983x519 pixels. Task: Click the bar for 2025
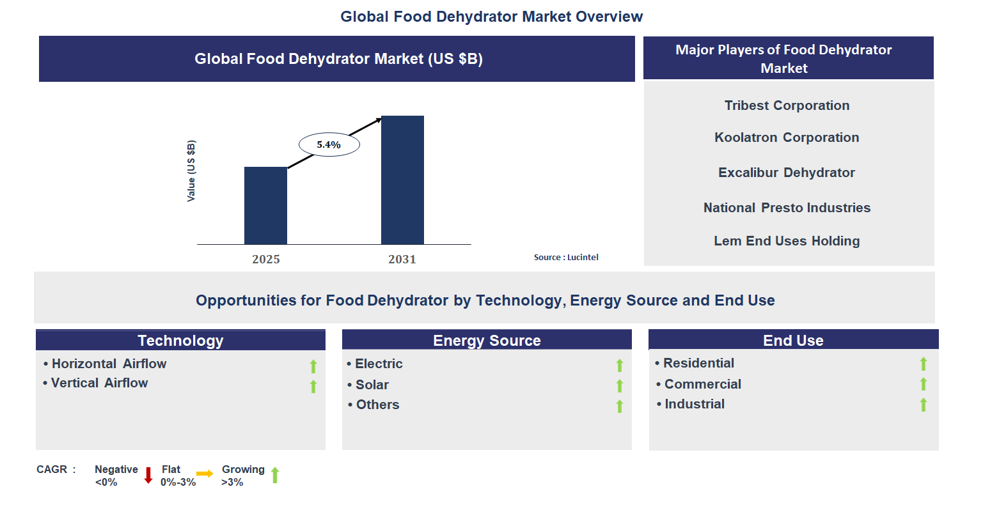(x=265, y=205)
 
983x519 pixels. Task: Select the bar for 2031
(x=402, y=180)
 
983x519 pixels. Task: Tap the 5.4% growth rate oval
(x=329, y=145)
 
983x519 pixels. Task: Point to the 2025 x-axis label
(x=266, y=259)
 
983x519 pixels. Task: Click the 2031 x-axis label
(x=402, y=259)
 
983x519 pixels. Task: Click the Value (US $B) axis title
(x=191, y=171)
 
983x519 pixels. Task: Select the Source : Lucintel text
(x=566, y=257)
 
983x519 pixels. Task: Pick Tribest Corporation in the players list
(x=787, y=105)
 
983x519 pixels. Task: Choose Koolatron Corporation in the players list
(x=787, y=137)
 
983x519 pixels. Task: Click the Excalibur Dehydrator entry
(x=787, y=173)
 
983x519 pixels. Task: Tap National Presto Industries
(x=787, y=208)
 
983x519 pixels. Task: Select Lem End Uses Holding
(x=787, y=241)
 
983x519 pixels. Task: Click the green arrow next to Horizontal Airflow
(x=313, y=366)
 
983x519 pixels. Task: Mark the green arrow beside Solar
(x=620, y=386)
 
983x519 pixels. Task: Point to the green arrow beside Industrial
(x=924, y=405)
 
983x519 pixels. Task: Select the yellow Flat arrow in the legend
(x=205, y=474)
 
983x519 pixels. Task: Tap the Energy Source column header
(x=487, y=340)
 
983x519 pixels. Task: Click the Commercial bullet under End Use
(x=702, y=384)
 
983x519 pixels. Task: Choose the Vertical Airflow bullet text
(x=99, y=383)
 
